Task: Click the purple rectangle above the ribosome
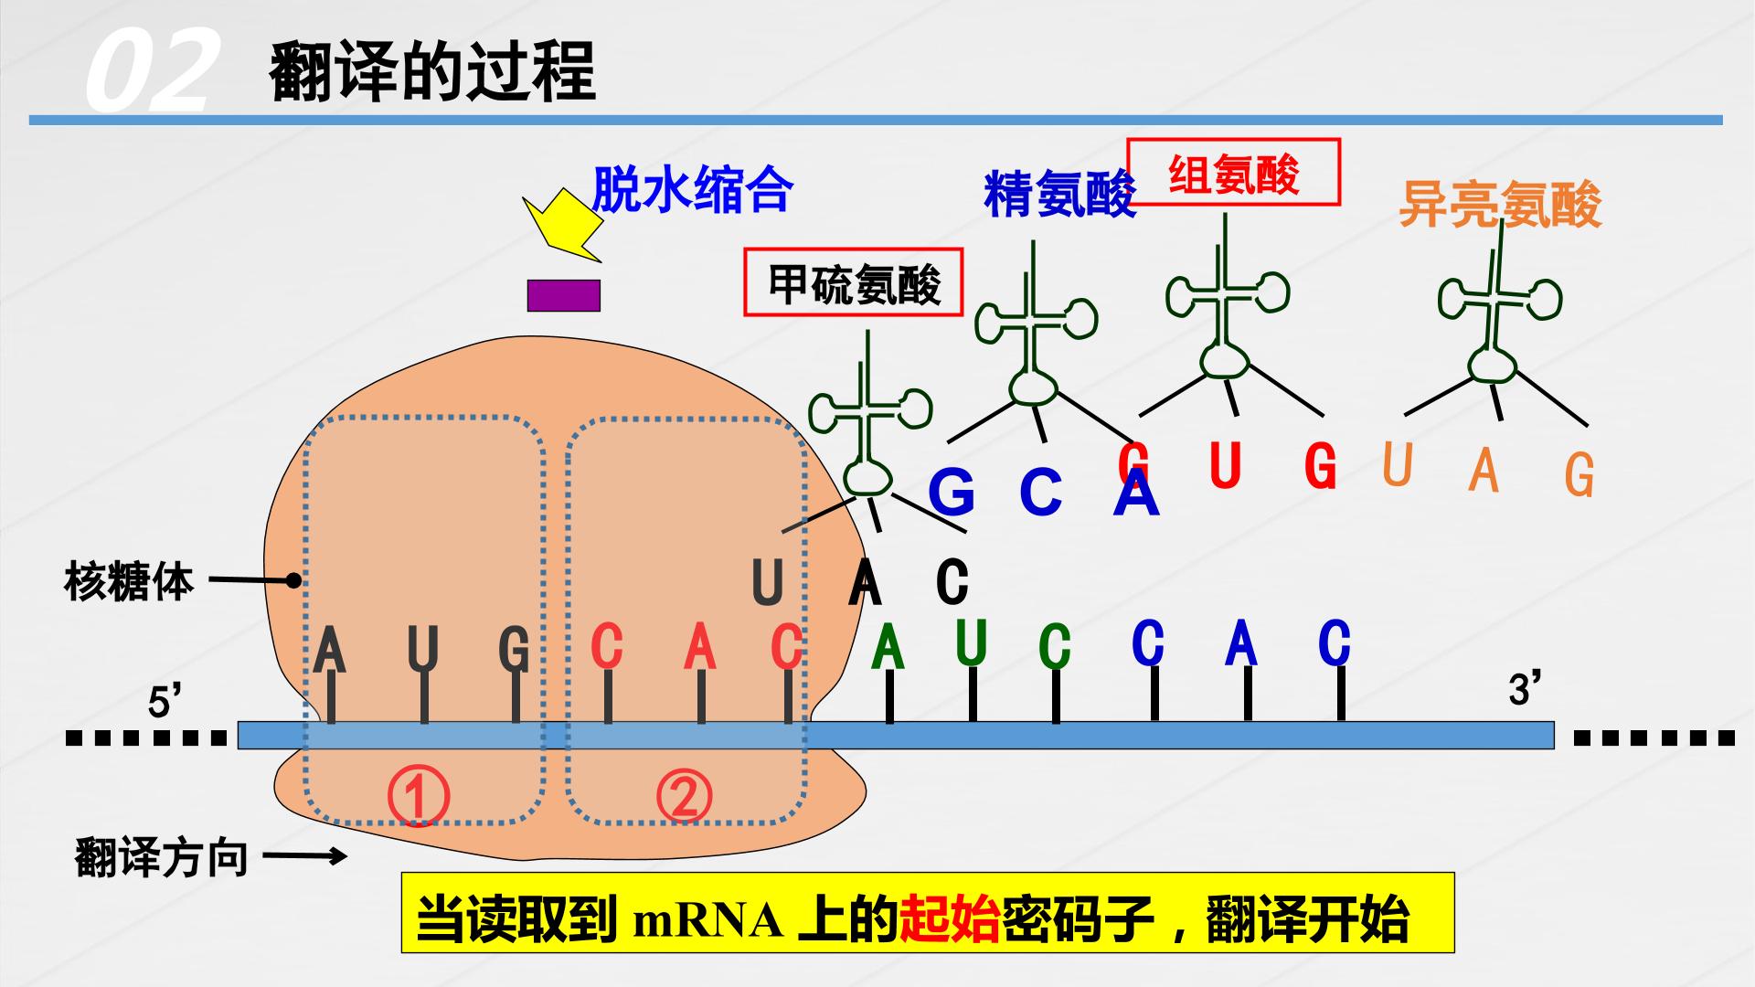click(x=564, y=295)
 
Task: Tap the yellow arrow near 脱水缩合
click(x=562, y=226)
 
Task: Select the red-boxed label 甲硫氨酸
click(x=854, y=282)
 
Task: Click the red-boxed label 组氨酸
click(x=1234, y=172)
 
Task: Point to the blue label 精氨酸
click(x=1059, y=194)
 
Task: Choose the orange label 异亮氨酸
click(x=1500, y=204)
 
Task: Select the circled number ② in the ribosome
click(x=683, y=795)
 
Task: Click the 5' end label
click(x=165, y=703)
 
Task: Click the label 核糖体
click(x=129, y=581)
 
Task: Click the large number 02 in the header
click(x=151, y=70)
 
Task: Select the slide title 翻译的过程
click(x=432, y=70)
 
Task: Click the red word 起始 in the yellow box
click(x=950, y=920)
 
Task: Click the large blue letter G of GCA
click(x=952, y=492)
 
